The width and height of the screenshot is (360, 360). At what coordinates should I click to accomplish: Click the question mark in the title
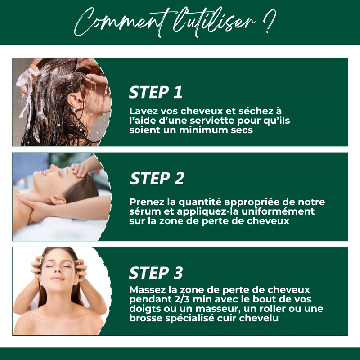tap(269, 21)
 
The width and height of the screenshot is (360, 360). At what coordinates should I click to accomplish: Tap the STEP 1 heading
tap(156, 92)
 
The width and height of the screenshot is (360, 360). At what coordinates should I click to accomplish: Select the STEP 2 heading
tap(157, 178)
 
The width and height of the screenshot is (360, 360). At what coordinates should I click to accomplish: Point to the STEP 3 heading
tap(156, 273)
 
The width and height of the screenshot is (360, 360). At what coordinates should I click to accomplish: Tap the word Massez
tap(148, 290)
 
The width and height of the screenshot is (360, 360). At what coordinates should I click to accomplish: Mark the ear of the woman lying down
tap(58, 200)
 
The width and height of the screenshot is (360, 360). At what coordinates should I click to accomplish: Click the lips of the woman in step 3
tap(58, 279)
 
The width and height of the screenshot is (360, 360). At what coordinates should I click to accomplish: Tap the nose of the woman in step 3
tap(58, 270)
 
